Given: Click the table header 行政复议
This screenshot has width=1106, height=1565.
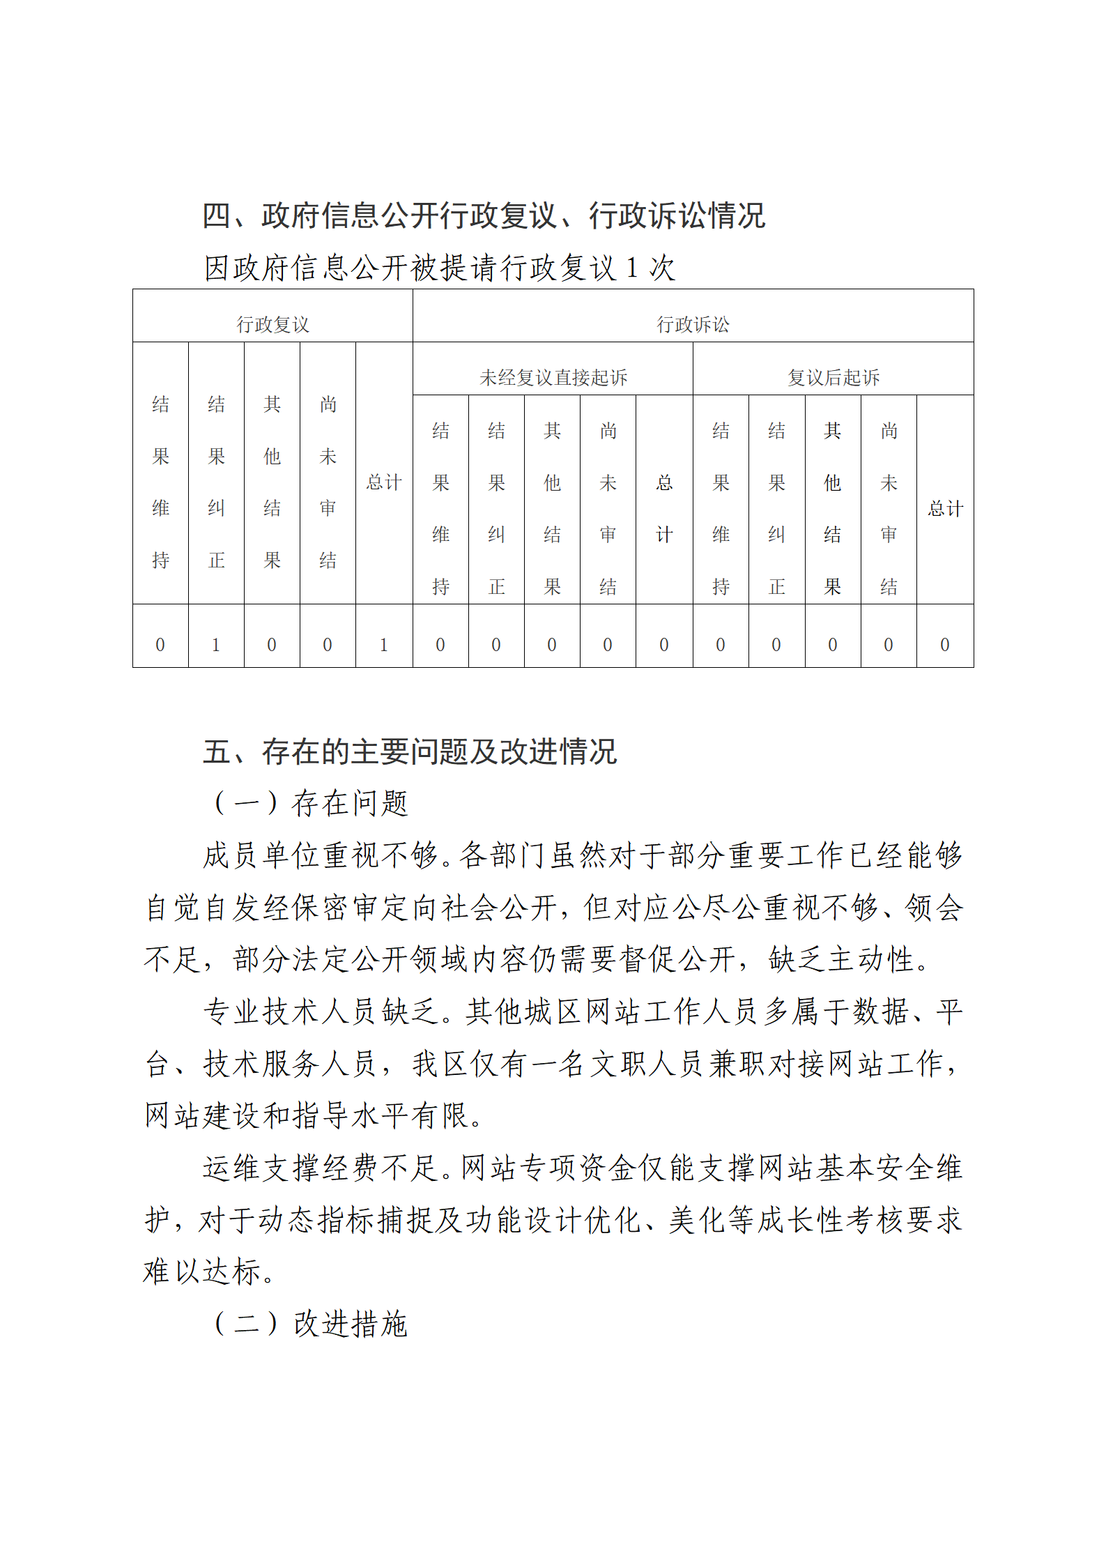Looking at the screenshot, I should (x=272, y=324).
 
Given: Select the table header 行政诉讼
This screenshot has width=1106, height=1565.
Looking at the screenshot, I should (x=693, y=324).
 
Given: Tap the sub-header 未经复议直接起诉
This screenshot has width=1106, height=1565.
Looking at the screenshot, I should (x=553, y=377).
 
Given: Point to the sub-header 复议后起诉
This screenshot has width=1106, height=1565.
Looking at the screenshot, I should (x=834, y=377).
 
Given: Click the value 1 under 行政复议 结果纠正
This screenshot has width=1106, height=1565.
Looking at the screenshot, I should (x=216, y=645).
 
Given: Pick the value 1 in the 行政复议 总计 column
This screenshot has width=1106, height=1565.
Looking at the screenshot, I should (x=384, y=645).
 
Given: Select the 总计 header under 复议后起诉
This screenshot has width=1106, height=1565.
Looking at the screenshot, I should (x=945, y=508).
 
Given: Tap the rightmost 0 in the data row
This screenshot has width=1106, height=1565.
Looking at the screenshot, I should (x=945, y=645).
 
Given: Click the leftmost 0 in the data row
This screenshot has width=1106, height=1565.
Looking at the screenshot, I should (x=160, y=645).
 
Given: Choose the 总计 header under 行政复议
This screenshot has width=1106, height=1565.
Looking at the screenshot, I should (x=384, y=482).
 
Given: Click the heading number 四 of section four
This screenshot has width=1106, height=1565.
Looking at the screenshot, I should (x=217, y=215).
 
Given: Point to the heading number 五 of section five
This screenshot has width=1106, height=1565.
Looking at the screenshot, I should (x=217, y=751).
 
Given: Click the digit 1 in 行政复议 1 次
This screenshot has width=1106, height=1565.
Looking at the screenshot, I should (x=632, y=268).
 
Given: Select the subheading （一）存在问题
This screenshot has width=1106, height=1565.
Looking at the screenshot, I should (x=310, y=803).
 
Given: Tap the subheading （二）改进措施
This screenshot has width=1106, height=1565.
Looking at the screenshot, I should (x=310, y=1323).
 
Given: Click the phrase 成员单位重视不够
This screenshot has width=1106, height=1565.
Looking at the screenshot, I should (x=321, y=855).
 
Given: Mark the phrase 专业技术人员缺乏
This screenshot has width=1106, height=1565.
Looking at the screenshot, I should (x=321, y=1011).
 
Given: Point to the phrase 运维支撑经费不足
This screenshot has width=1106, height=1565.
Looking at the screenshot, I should (x=321, y=1168).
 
